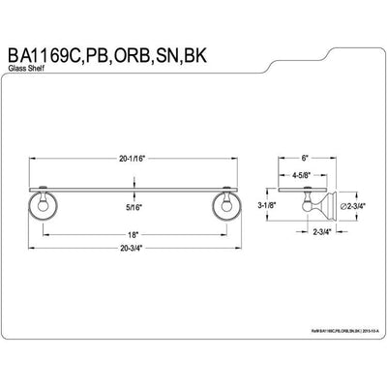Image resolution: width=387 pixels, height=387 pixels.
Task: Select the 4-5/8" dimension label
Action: tap(306, 177)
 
